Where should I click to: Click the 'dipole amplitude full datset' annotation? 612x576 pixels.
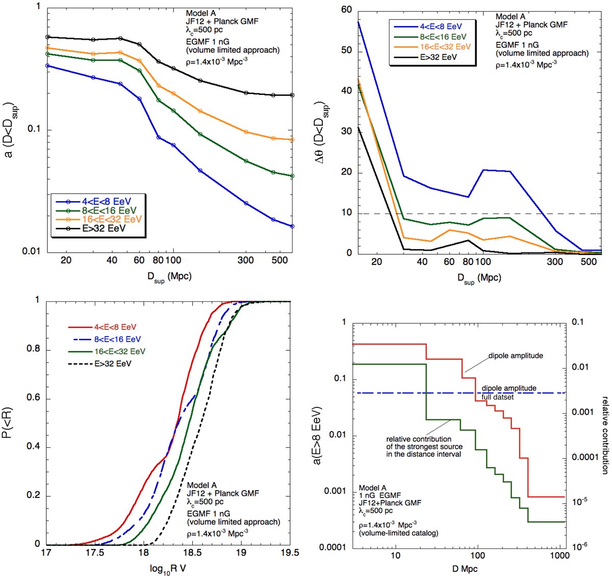click(508, 392)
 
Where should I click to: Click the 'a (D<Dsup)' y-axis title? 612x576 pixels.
click(9, 130)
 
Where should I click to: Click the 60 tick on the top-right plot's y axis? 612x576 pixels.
click(346, 10)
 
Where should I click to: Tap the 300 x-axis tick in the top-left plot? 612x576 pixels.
click(245, 260)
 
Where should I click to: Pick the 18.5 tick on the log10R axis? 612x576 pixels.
click(192, 552)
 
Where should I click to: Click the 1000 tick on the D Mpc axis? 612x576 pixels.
click(560, 556)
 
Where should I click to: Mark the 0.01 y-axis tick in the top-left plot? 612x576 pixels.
click(32, 251)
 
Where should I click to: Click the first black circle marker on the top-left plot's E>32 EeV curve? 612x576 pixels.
click(47, 37)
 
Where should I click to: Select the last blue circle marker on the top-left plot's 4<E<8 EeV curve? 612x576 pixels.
click(292, 226)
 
